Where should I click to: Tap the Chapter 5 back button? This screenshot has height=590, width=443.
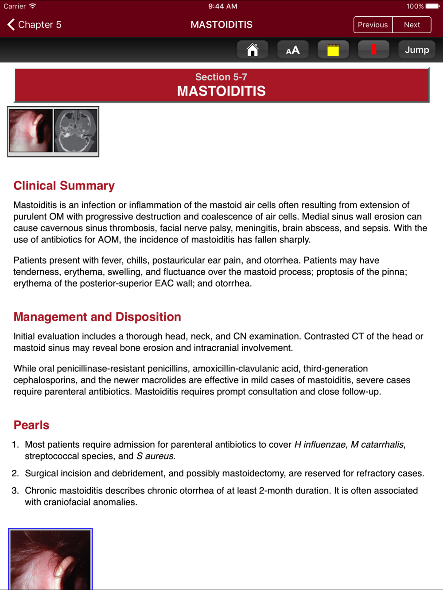pos(35,25)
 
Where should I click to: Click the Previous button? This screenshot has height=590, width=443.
pos(373,25)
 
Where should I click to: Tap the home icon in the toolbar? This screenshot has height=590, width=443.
pos(253,50)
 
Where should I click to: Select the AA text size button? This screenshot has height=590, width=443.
pos(293,50)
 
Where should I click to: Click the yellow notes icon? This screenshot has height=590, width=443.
pos(333,50)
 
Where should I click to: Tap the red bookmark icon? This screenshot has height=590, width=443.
pos(373,50)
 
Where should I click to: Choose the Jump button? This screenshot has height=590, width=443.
pos(417,50)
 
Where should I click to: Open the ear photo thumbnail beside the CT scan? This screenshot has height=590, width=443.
pos(31,131)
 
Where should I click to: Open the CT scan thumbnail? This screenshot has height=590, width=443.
pos(76,131)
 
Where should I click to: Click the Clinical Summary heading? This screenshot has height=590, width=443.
pos(64,186)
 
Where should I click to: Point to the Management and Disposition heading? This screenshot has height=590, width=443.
pos(97,317)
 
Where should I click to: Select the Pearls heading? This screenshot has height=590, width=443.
pos(31,425)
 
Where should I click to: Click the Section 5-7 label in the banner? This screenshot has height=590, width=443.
pos(221,77)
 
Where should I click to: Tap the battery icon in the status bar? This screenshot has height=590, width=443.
pos(432,6)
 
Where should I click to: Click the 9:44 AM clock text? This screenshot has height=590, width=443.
pos(222,6)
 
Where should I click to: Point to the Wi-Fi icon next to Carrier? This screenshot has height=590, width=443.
pos(33,6)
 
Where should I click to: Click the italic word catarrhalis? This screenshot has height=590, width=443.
pos(382,444)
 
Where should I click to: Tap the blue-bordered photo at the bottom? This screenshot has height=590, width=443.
pos(51,559)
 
